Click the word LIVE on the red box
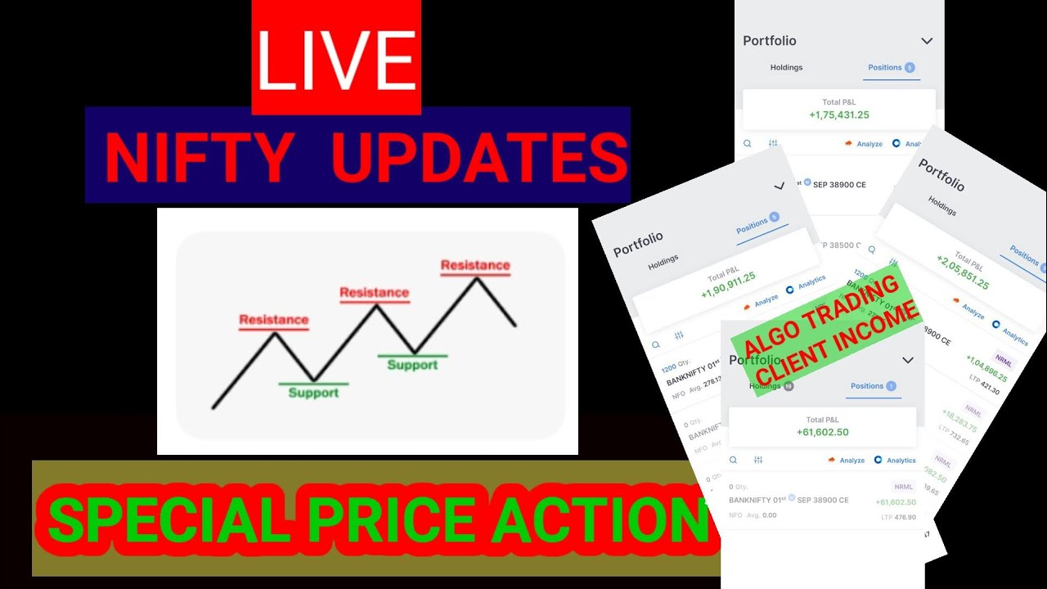click(x=336, y=60)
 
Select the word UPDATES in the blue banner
click(x=480, y=157)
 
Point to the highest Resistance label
click(x=475, y=265)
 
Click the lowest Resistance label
click(x=273, y=320)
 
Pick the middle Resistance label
click(x=374, y=292)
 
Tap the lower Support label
click(x=313, y=393)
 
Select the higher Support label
click(x=412, y=365)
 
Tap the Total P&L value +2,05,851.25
click(x=963, y=273)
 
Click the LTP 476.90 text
click(x=899, y=517)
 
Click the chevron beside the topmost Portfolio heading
click(x=927, y=41)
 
